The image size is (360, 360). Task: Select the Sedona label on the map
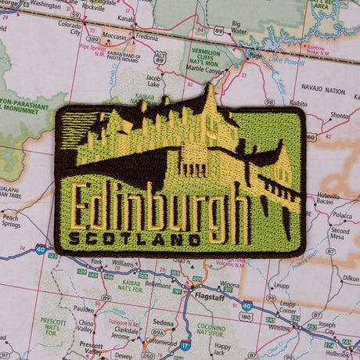click(163, 322)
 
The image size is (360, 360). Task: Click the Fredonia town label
click(146, 36)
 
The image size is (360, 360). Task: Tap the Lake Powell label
click(286, 59)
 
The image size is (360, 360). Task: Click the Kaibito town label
click(298, 102)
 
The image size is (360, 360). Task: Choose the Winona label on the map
click(229, 285)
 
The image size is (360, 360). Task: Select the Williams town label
click(124, 264)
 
